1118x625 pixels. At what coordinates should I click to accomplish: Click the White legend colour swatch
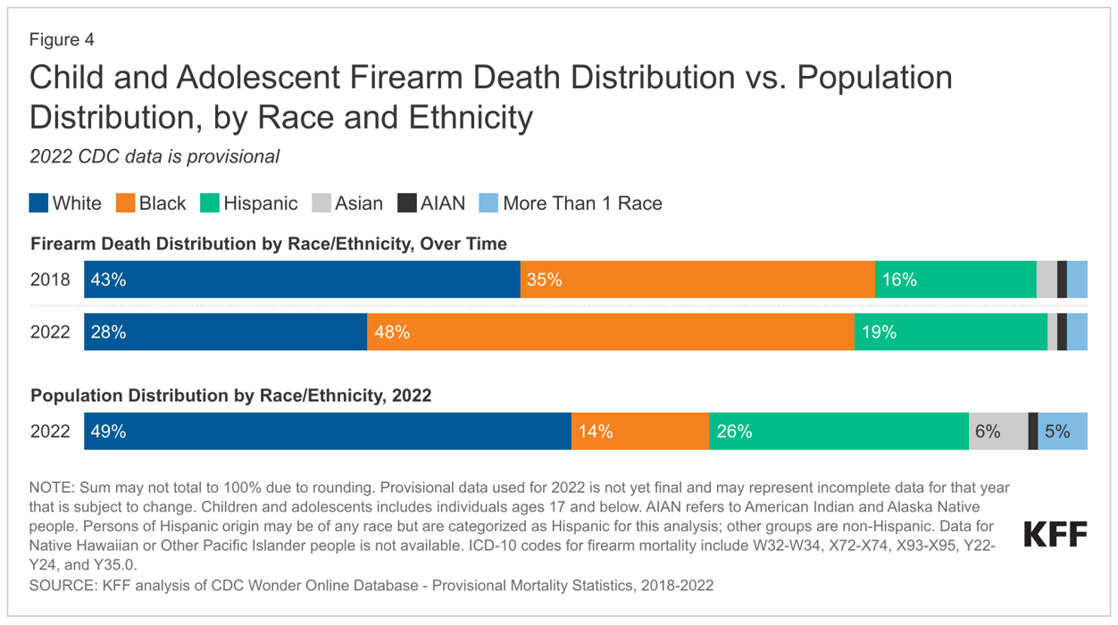tap(39, 204)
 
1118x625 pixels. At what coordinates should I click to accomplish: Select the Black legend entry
tap(151, 204)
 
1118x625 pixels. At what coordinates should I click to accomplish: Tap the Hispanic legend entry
tap(249, 204)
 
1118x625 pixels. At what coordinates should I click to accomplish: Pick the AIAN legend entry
tap(431, 204)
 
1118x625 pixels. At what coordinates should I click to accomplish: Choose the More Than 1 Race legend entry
tap(572, 204)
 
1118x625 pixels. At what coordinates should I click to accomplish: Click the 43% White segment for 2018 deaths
tap(302, 279)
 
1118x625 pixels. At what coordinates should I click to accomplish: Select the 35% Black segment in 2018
tap(697, 279)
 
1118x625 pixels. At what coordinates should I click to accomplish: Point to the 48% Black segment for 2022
tap(611, 332)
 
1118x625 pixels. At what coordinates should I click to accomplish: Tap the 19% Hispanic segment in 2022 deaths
tap(951, 332)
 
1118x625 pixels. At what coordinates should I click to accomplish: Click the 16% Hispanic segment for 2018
tap(955, 279)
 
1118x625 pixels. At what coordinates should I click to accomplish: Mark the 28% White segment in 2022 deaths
tap(225, 332)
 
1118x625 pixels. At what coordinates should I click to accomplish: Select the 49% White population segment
tap(328, 431)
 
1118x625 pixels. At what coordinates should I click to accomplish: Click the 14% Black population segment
tap(640, 431)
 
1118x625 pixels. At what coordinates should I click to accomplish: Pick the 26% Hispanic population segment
tap(838, 431)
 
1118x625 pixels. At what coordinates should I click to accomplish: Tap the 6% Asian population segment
tap(998, 431)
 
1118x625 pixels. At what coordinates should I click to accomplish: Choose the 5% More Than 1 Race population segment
tap(1063, 431)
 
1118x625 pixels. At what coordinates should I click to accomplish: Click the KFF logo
tap(1055, 535)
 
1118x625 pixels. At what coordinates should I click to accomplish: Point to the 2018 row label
tap(50, 279)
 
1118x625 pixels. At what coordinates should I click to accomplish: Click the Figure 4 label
tap(62, 40)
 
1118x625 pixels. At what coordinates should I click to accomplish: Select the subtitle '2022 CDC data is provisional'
tap(154, 156)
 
